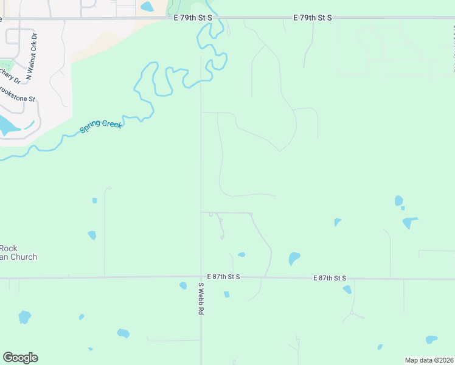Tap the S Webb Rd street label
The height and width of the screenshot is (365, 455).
pyautogui.click(x=200, y=297)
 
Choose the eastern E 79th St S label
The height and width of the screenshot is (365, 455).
pyautogui.click(x=312, y=18)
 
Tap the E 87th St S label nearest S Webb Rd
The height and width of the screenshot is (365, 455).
pyautogui.click(x=223, y=276)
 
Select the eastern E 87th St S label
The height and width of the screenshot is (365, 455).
pyautogui.click(x=330, y=278)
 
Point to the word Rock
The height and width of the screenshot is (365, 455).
pyautogui.click(x=9, y=248)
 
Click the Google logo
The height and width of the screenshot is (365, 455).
pyautogui.click(x=20, y=358)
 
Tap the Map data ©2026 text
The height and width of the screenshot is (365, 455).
pyautogui.click(x=429, y=360)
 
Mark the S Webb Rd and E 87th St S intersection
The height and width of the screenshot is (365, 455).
pyautogui.click(x=201, y=277)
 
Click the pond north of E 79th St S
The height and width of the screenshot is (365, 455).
pyautogui.click(x=147, y=7)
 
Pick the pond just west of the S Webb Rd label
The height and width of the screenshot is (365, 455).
pyautogui.click(x=183, y=286)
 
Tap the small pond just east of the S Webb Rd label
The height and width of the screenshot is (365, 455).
pyautogui.click(x=226, y=294)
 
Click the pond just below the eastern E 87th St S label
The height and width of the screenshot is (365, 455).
pyautogui.click(x=347, y=290)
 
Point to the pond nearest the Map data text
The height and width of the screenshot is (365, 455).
pyautogui.click(x=431, y=339)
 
